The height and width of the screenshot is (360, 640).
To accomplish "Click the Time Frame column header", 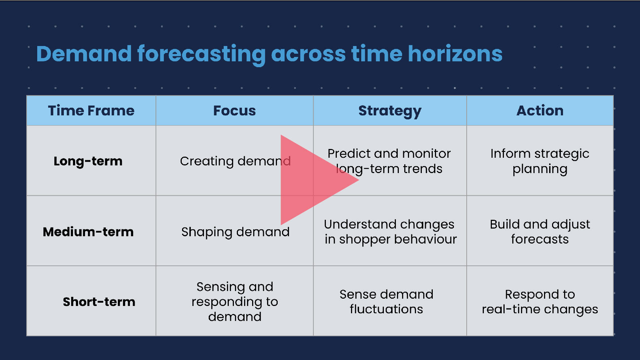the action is tap(91, 111).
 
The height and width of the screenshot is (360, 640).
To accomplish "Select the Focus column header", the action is tap(235, 111).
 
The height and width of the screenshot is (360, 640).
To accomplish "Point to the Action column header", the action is tap(540, 111).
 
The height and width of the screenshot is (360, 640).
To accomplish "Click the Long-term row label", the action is tap(88, 161).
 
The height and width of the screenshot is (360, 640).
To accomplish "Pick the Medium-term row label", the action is tap(88, 232).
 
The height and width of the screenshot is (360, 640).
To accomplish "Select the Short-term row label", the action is tap(99, 302).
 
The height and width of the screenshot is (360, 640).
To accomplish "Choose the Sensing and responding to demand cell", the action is tap(235, 302).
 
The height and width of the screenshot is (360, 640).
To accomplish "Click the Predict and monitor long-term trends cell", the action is tap(389, 161).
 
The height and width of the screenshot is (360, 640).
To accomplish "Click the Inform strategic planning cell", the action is tap(540, 161).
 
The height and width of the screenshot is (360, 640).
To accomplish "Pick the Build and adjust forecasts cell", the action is tap(540, 231).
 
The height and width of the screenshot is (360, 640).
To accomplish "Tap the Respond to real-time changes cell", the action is tap(540, 302).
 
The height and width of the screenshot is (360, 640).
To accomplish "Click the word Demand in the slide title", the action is tap(84, 54).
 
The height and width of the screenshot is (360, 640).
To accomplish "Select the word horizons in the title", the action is tap(455, 54).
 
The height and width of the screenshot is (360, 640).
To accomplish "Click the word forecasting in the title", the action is tap(201, 55).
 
